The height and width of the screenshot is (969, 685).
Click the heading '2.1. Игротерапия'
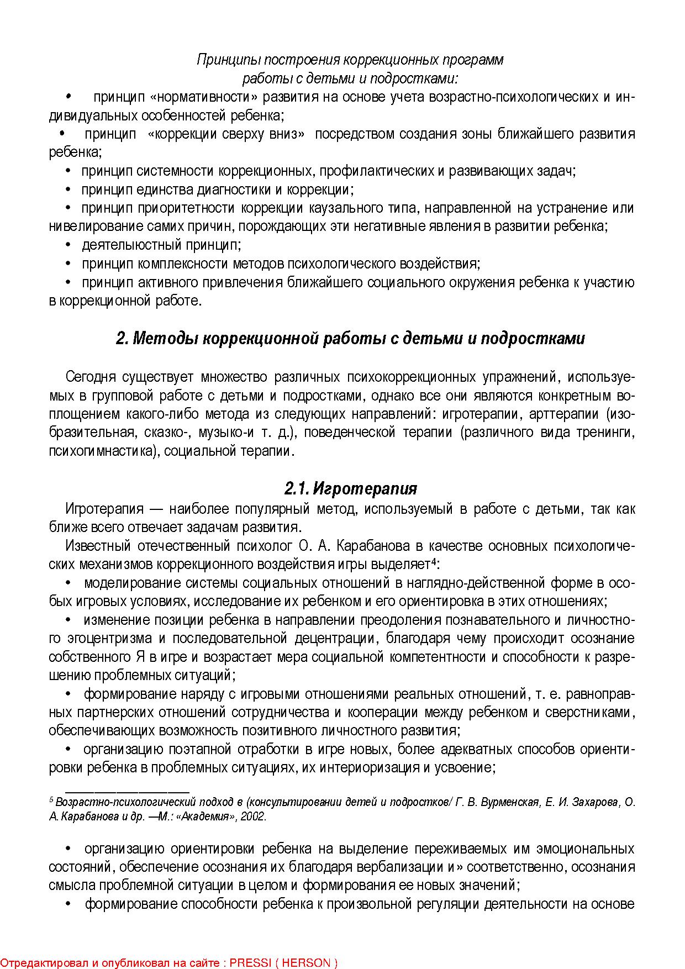351,489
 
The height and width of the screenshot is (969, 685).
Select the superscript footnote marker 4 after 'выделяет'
434,562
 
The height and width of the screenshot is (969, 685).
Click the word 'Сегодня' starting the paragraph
91,377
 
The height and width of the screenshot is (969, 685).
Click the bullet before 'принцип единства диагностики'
68,189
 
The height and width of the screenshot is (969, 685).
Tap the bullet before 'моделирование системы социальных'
68,583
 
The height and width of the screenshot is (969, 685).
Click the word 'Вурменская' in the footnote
510,802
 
